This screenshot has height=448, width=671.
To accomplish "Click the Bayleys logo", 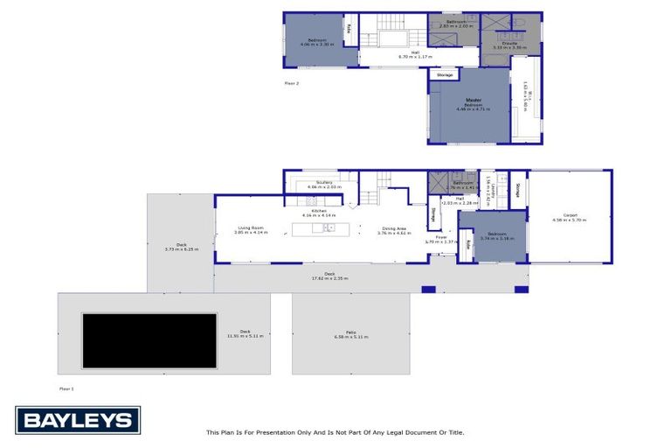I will tap(77, 420).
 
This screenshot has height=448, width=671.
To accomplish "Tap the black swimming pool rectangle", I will tap(149, 340).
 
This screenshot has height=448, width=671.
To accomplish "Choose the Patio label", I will tap(350, 332).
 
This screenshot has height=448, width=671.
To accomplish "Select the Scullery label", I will tap(325, 182).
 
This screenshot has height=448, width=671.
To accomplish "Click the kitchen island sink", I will tap(329, 228).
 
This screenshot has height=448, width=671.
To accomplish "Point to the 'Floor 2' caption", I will tap(292, 83).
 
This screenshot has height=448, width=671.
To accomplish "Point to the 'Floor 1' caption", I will tap(66, 388).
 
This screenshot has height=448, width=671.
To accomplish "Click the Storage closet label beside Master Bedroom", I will tap(445, 75).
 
